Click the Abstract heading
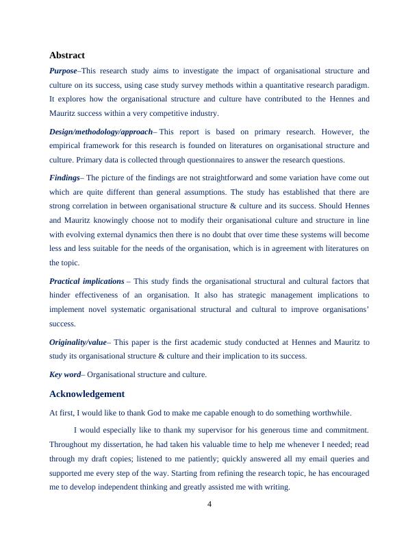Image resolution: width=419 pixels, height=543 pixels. tap(67, 55)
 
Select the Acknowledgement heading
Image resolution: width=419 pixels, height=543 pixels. tap(87, 394)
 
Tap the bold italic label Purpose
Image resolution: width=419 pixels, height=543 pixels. tap(63, 71)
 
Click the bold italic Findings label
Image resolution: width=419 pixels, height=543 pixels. tap(64, 178)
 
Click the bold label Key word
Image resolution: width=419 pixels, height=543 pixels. tap(64, 374)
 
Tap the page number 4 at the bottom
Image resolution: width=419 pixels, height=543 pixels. tap(209, 505)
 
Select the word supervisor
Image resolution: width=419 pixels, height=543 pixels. tap(217, 430)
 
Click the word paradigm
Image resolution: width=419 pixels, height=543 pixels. tap(351, 85)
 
